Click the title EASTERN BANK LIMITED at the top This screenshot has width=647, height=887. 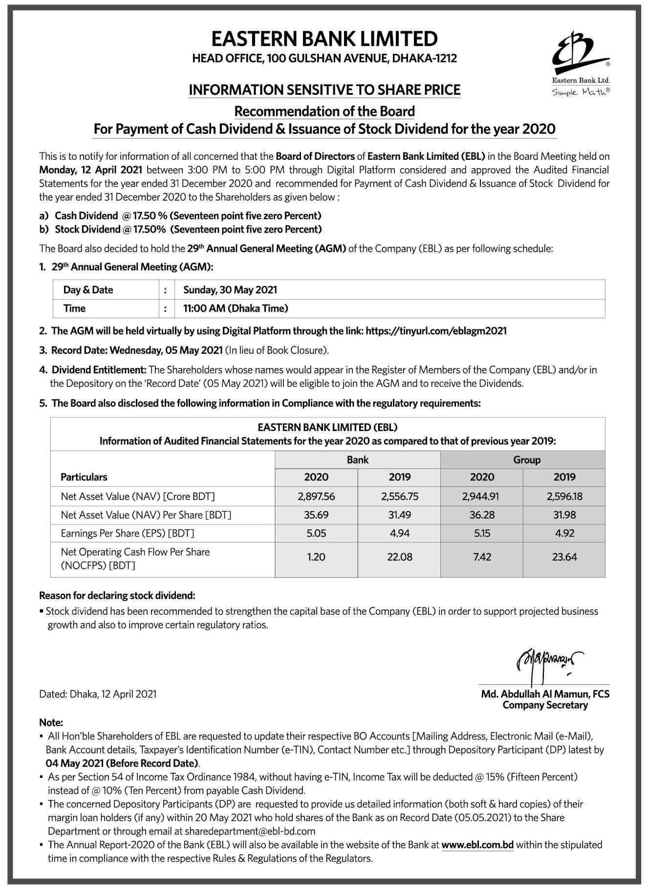[x=324, y=39]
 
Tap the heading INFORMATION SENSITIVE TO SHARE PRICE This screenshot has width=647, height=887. [x=324, y=90]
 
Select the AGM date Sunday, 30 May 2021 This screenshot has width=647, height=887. [x=230, y=290]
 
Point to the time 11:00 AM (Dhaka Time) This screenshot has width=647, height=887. [x=236, y=308]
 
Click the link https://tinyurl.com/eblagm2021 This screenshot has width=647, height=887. [x=436, y=331]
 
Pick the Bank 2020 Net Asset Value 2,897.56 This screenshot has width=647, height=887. [x=316, y=497]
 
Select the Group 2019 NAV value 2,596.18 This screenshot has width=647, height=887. [x=564, y=497]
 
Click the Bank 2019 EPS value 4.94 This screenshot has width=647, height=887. [x=399, y=533]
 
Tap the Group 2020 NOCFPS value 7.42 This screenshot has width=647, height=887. [x=482, y=557]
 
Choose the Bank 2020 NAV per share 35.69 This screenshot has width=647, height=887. [x=316, y=515]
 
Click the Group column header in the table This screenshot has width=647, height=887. [x=527, y=460]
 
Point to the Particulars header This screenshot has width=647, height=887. [x=84, y=477]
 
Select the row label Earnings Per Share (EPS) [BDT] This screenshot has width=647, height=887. [x=128, y=533]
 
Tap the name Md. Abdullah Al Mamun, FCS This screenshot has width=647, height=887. [x=545, y=694]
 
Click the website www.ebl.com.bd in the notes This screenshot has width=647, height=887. [x=477, y=844]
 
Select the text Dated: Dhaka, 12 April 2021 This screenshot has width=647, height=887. [x=98, y=694]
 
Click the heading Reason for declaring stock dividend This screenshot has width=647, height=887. [x=117, y=595]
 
